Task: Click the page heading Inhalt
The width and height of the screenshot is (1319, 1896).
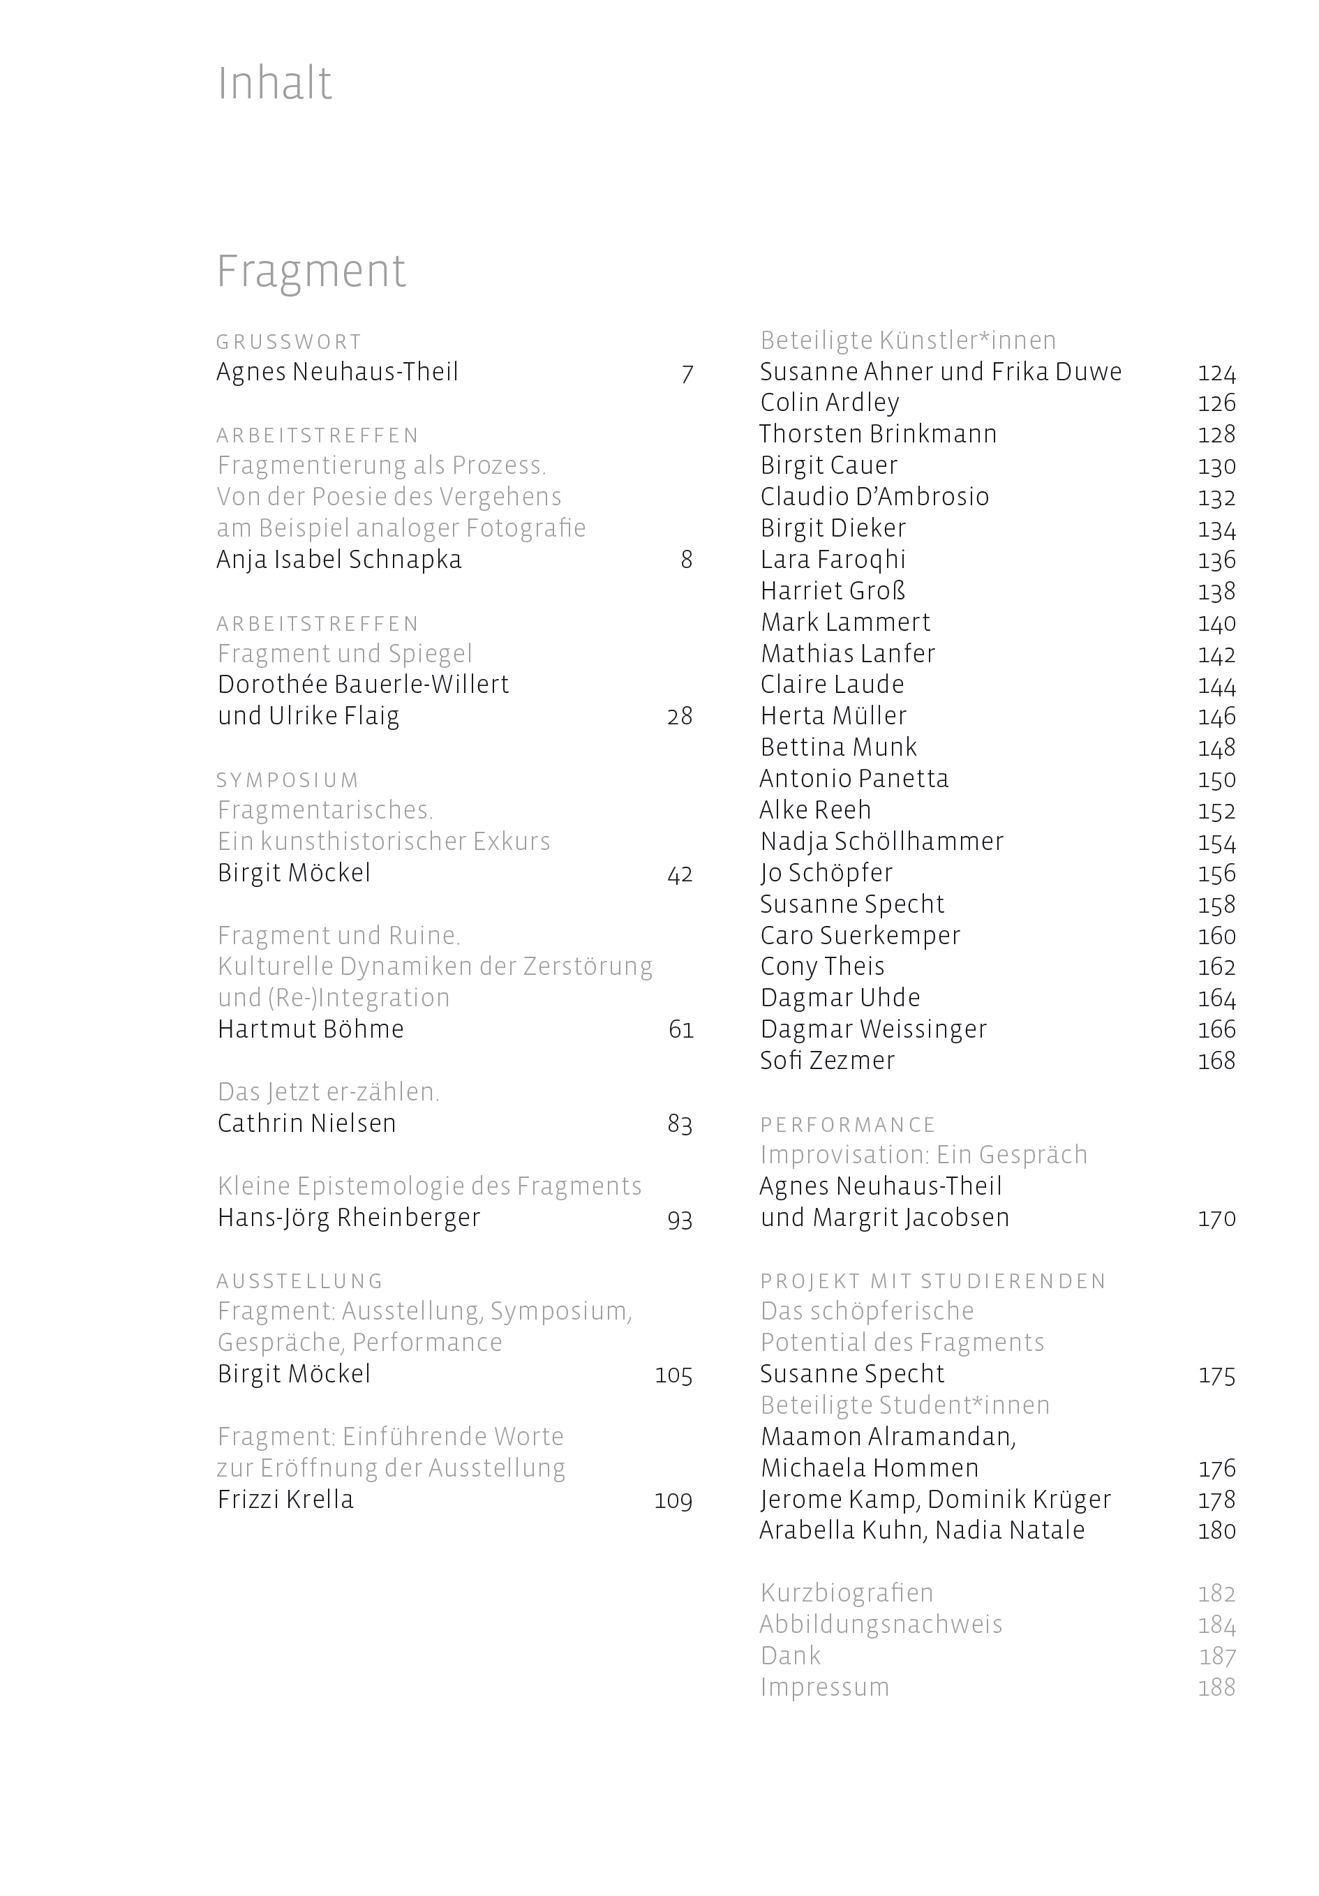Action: click(274, 84)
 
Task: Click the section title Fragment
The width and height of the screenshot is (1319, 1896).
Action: click(311, 271)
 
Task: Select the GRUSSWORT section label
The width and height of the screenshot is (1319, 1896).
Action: click(289, 342)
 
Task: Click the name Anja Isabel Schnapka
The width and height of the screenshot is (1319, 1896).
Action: click(338, 560)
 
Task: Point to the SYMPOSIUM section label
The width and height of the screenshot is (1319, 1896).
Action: click(288, 780)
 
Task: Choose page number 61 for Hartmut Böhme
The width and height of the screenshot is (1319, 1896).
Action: click(680, 1030)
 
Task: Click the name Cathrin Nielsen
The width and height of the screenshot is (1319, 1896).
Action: click(306, 1123)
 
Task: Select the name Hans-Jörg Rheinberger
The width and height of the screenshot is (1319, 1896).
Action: click(348, 1218)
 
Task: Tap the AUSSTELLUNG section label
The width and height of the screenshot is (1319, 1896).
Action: click(300, 1281)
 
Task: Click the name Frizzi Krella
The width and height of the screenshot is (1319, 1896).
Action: click(285, 1500)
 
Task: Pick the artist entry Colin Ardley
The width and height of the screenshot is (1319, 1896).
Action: click(829, 403)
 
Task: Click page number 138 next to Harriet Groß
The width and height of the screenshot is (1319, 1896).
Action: click(1216, 591)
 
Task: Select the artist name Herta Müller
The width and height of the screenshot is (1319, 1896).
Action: click(833, 716)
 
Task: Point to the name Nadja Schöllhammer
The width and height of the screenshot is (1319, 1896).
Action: click(881, 842)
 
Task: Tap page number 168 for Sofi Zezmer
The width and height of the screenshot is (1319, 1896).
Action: click(1216, 1061)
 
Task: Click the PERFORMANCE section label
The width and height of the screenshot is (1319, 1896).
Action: click(847, 1125)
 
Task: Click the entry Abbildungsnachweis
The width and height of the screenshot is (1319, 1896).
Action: click(881, 1625)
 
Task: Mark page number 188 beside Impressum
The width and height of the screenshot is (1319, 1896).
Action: click(1216, 1687)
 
